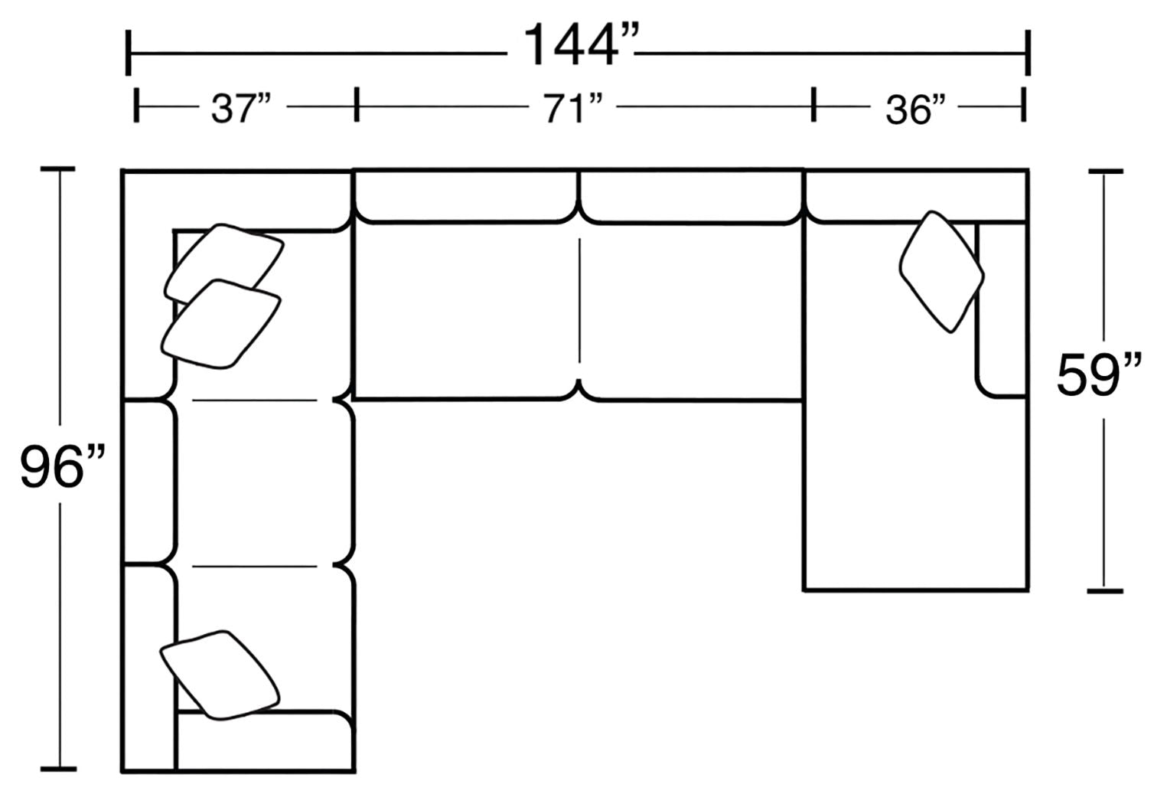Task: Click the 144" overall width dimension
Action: click(x=580, y=45)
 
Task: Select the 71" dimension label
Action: click(x=569, y=109)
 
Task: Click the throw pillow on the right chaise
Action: click(x=941, y=272)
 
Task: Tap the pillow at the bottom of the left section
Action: click(x=220, y=675)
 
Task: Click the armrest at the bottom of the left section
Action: click(x=264, y=741)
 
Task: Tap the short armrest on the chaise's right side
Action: click(x=1001, y=310)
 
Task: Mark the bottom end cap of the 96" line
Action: click(x=58, y=768)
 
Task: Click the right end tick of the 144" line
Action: click(x=1027, y=54)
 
